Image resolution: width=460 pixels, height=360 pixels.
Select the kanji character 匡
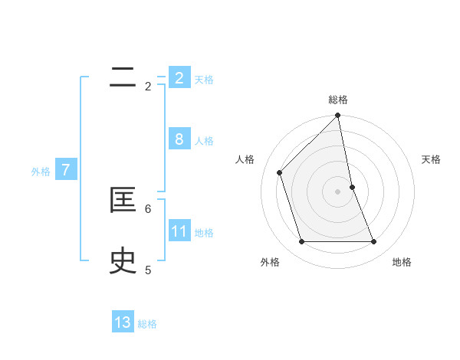coord(123,201)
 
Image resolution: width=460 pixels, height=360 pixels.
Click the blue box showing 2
coord(179,78)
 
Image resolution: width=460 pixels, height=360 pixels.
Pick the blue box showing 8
coord(179,139)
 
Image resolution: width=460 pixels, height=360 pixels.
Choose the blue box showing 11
coord(179,231)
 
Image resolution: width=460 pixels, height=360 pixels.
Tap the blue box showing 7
coord(66,170)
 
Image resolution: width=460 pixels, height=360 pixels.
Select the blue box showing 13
coord(123,322)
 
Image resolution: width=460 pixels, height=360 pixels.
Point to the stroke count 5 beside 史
coord(148,270)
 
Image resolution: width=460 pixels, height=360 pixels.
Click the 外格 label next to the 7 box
coord(41,172)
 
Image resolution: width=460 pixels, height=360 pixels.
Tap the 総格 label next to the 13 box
coord(147,324)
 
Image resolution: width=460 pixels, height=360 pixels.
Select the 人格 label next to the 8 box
coord(204,141)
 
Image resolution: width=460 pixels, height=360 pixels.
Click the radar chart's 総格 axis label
coord(338,100)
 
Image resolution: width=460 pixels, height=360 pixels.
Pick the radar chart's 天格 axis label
coord(432,159)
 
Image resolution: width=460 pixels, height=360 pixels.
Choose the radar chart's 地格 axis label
coord(402,262)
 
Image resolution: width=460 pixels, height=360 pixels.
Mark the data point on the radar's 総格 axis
coord(338,116)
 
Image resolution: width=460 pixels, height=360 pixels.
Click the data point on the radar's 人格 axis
coord(280,172)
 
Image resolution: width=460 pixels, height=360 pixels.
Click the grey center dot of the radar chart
coord(338,191)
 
